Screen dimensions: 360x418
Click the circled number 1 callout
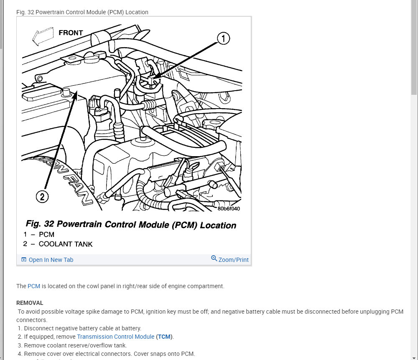click(x=223, y=39)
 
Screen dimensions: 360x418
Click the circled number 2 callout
click(x=42, y=196)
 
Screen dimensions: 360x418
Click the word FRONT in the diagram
click(x=71, y=33)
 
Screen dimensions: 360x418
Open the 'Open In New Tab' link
click(x=51, y=260)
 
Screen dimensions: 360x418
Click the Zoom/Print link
click(x=233, y=260)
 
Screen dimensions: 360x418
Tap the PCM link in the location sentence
click(x=34, y=286)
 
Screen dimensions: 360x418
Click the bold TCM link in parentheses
click(x=165, y=337)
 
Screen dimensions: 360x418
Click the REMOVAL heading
click(x=30, y=303)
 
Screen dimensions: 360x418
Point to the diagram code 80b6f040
click(x=229, y=209)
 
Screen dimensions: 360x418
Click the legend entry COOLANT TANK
click(x=66, y=244)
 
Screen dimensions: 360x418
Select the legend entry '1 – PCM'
click(x=39, y=235)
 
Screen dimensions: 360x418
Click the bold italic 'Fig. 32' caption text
click(x=40, y=224)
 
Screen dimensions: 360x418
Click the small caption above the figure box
click(x=82, y=12)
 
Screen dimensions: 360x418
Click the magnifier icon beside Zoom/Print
click(x=214, y=259)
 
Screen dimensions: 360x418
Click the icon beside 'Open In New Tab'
click(x=24, y=260)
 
